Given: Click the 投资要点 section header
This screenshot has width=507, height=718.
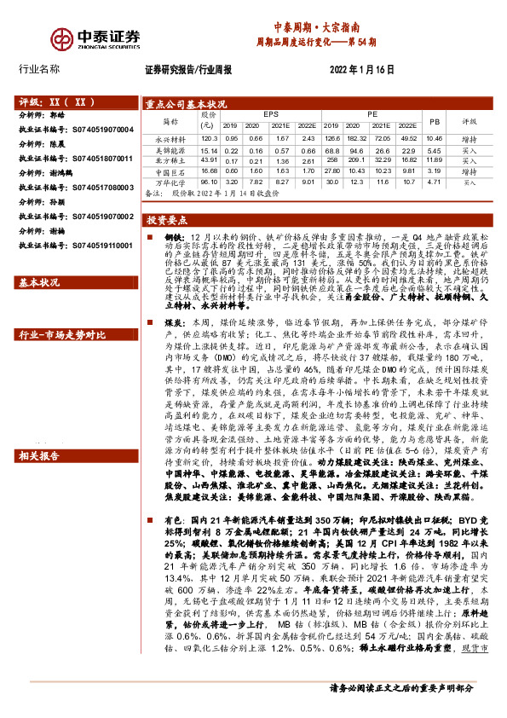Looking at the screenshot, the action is (x=167, y=219).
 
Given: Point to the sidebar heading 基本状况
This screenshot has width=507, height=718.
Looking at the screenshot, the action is (x=39, y=281).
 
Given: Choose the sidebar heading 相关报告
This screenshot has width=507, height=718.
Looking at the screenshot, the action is (x=39, y=456).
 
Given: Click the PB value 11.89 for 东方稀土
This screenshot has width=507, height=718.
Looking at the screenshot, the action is (x=435, y=159).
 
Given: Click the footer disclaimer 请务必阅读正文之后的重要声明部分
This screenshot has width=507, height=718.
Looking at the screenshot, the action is (x=400, y=709).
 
